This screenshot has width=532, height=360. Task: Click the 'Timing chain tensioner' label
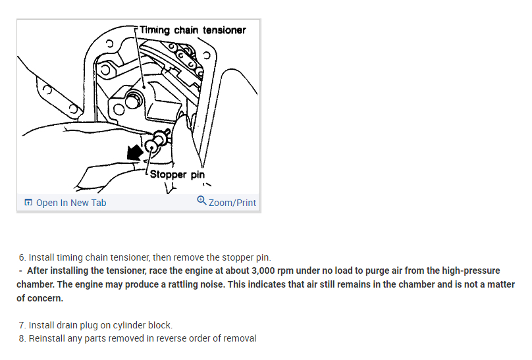(x=193, y=30)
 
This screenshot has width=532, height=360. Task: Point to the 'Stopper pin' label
(x=177, y=174)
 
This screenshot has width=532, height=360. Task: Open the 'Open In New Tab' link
(x=70, y=203)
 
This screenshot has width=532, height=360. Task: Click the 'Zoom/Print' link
(x=232, y=203)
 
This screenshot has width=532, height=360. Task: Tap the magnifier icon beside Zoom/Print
(x=201, y=202)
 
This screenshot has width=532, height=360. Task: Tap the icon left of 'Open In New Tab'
(x=28, y=203)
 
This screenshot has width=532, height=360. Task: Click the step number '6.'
(x=23, y=257)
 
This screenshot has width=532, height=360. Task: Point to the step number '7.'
(x=23, y=326)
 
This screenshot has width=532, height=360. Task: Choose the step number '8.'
(x=23, y=338)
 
